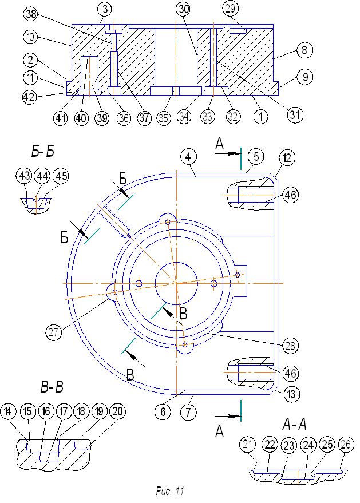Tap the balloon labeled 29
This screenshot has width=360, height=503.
tap(231, 9)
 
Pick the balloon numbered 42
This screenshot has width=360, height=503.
tap(30, 96)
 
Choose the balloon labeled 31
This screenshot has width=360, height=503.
tap(295, 115)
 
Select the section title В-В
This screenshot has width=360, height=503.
tap(52, 387)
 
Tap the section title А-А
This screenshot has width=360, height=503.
tap(295, 424)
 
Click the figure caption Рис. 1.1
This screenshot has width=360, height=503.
tap(170, 491)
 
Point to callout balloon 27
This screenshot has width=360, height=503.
tap(54, 331)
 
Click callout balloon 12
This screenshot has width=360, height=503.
tap(286, 158)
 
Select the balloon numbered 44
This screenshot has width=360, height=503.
tap(42, 176)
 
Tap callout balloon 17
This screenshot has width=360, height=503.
tap(64, 412)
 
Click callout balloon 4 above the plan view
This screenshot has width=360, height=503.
tap(188, 156)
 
